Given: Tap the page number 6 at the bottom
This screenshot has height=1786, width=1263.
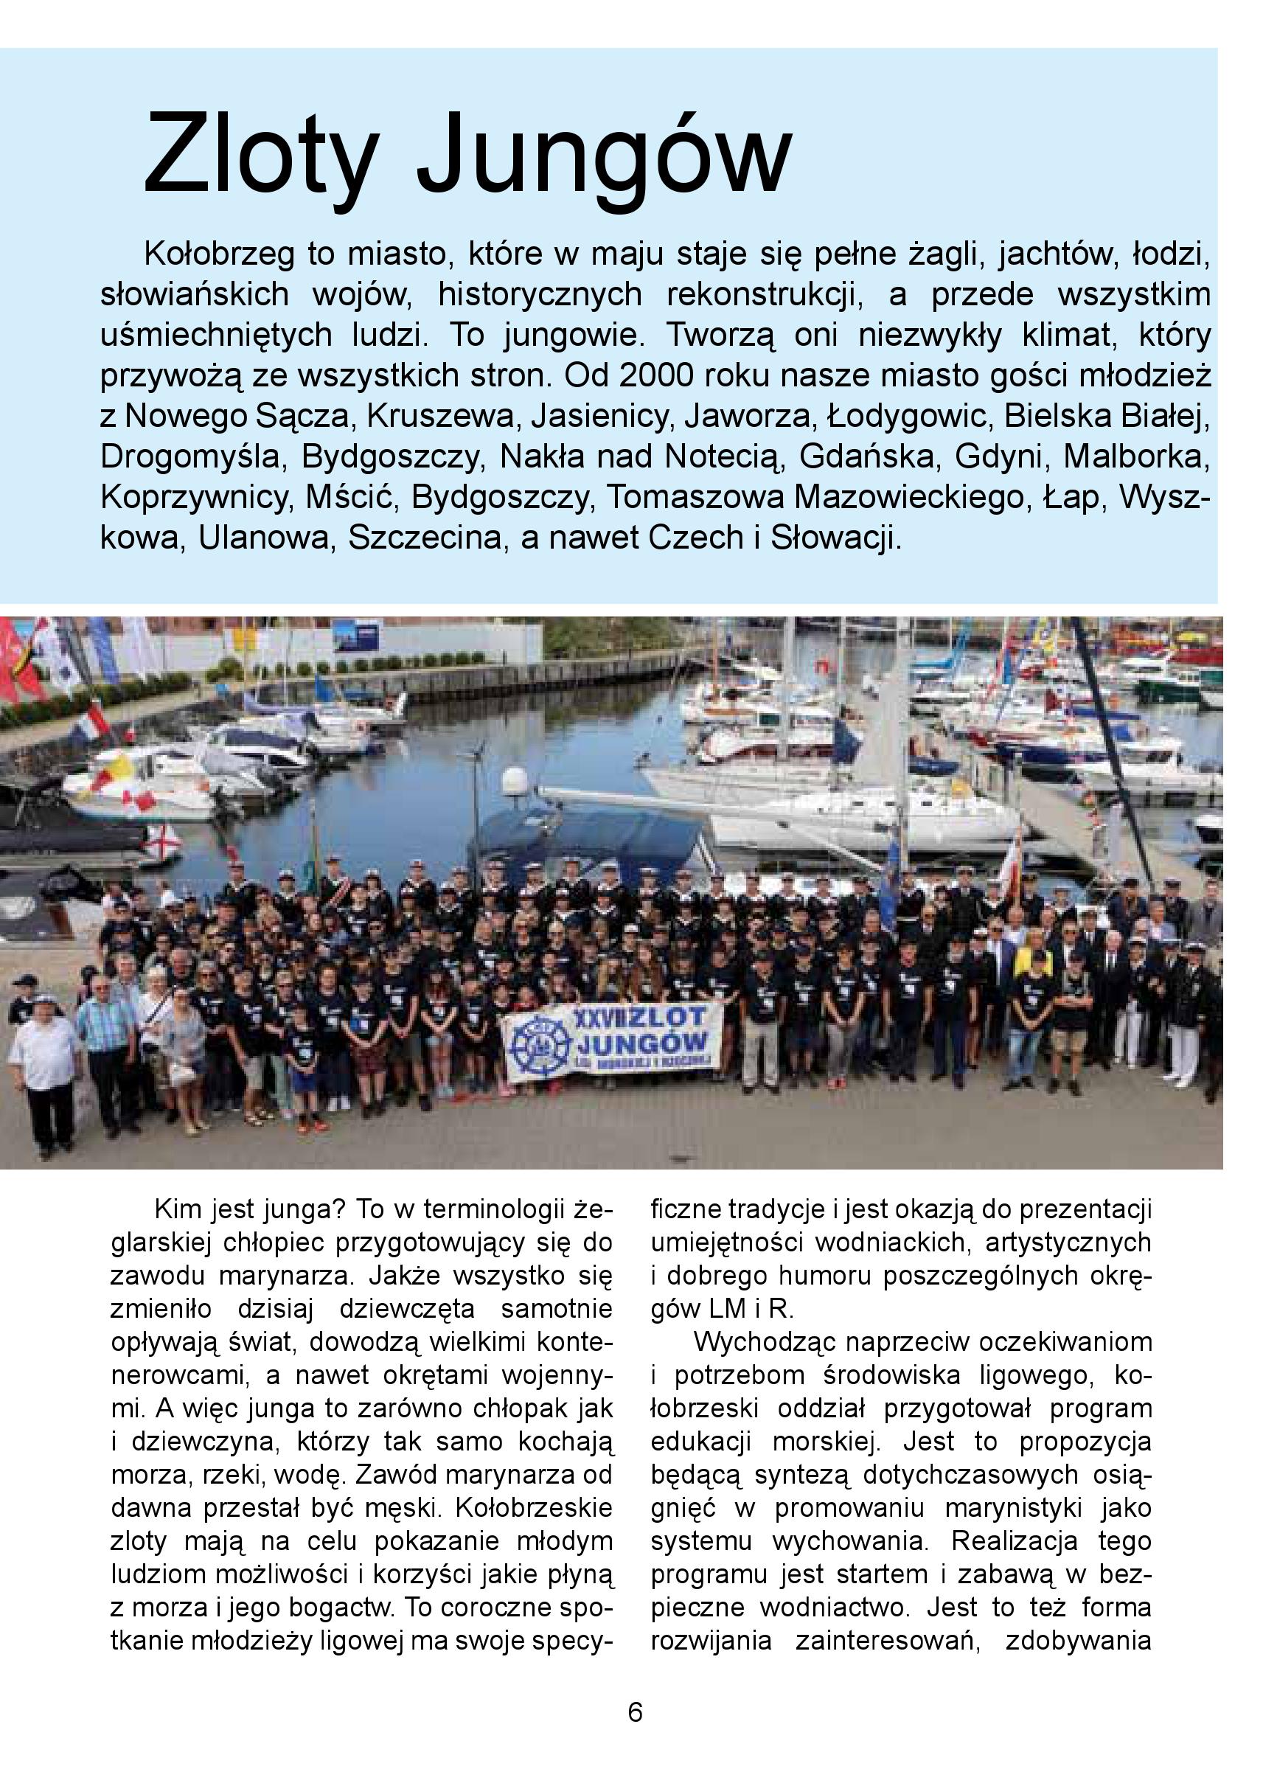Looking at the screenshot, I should click(636, 1714).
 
